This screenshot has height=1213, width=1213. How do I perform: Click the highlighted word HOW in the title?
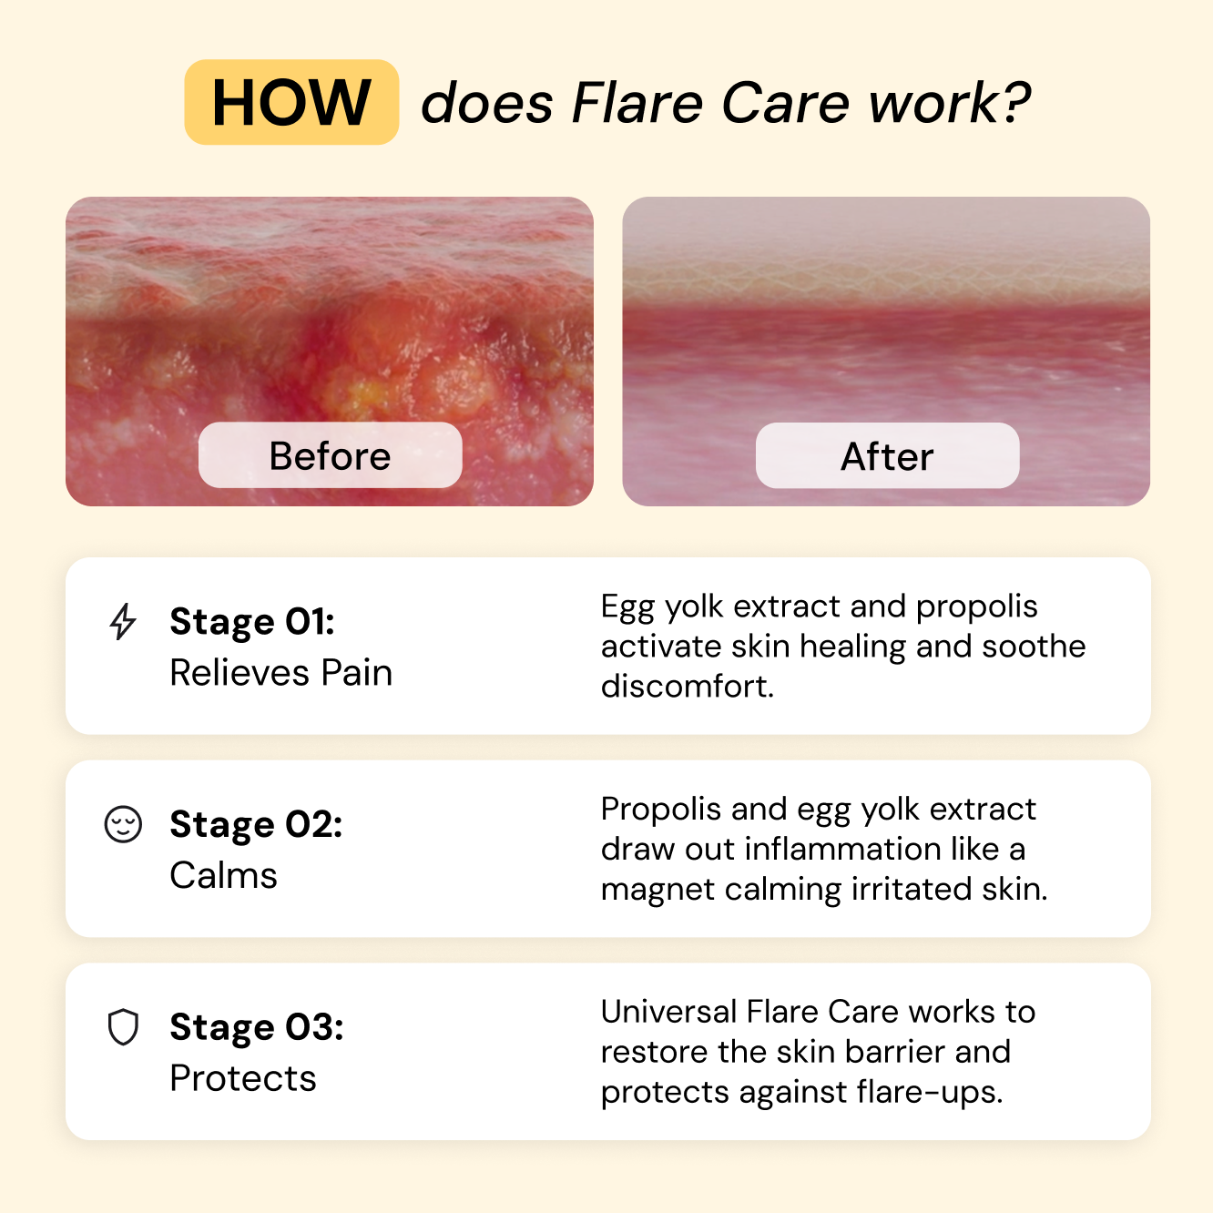(x=291, y=102)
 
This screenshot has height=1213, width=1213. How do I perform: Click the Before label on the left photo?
(x=330, y=455)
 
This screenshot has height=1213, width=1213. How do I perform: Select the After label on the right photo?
(x=887, y=456)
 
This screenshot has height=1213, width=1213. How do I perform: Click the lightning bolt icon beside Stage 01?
(x=123, y=622)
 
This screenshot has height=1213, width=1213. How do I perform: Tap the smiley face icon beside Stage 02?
(x=123, y=824)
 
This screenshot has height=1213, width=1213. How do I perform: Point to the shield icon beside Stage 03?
(x=123, y=1027)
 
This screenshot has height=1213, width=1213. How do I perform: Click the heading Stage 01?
(x=252, y=622)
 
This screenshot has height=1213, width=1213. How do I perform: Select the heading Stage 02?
(x=256, y=824)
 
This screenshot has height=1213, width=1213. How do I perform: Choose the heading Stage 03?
(x=257, y=1027)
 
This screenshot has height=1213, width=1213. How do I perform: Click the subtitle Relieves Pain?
(x=280, y=673)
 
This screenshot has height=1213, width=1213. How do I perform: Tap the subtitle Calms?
(x=223, y=875)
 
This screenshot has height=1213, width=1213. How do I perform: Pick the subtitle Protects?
(x=242, y=1078)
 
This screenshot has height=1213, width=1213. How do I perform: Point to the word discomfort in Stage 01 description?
(x=687, y=687)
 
